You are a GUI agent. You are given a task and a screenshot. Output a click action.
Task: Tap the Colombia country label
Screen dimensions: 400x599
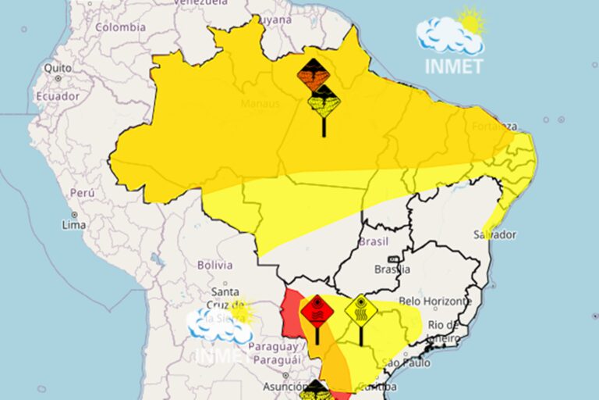pyautogui.click(x=120, y=27)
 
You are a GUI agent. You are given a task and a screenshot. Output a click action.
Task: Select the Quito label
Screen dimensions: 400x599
pyautogui.click(x=58, y=68)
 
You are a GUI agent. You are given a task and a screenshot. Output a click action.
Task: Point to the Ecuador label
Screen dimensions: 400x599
pyautogui.click(x=57, y=96)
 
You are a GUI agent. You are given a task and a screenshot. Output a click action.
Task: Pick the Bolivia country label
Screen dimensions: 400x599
pyautogui.click(x=214, y=265)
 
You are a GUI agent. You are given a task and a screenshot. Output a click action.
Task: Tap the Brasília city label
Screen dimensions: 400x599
pyautogui.click(x=392, y=270)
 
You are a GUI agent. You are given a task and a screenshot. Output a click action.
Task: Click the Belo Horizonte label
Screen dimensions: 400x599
pyautogui.click(x=434, y=301)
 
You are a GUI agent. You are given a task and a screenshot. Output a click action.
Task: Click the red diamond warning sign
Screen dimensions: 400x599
pyautogui.click(x=317, y=311)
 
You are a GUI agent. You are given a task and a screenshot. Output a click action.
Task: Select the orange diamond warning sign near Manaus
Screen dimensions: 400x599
pyautogui.click(x=314, y=75)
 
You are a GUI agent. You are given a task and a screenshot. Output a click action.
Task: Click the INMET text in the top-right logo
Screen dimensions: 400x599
pyautogui.click(x=454, y=66)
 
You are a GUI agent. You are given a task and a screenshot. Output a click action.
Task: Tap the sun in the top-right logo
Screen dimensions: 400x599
pyautogui.click(x=470, y=20)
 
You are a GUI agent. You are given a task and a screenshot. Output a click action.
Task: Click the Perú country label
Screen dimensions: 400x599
pyautogui.click(x=83, y=192)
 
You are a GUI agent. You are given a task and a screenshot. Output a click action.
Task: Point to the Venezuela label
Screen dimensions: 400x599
pyautogui.click(x=199, y=3)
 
